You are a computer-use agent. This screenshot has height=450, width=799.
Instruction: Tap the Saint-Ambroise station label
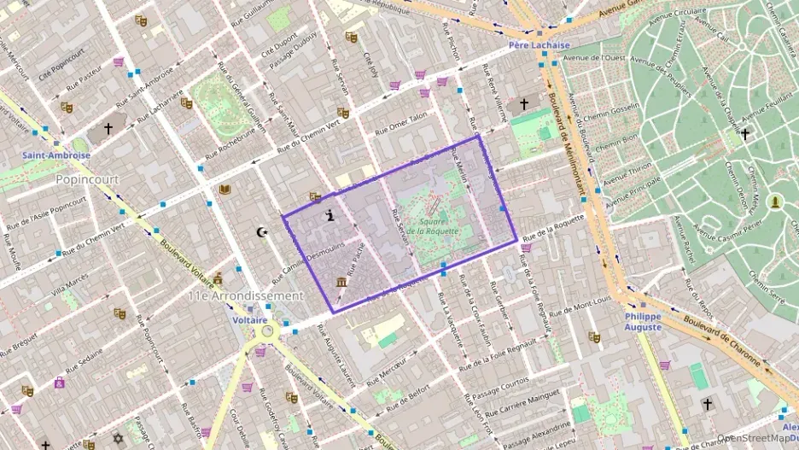point(56,155)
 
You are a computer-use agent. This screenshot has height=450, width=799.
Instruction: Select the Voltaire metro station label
point(250,319)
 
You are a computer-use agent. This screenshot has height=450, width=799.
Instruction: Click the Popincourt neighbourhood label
point(85,180)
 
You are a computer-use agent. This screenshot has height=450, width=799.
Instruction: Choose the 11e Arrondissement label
point(246,295)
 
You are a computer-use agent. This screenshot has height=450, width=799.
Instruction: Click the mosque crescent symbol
point(262,231)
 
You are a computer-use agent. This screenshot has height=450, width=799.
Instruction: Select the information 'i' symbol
point(330,217)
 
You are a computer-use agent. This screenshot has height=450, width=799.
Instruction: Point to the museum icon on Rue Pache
point(341,283)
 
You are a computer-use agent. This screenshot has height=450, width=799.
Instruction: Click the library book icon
point(225,190)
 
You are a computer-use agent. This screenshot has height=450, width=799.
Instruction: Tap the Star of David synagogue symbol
point(118,438)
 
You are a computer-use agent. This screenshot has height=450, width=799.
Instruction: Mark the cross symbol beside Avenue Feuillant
point(744,134)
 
